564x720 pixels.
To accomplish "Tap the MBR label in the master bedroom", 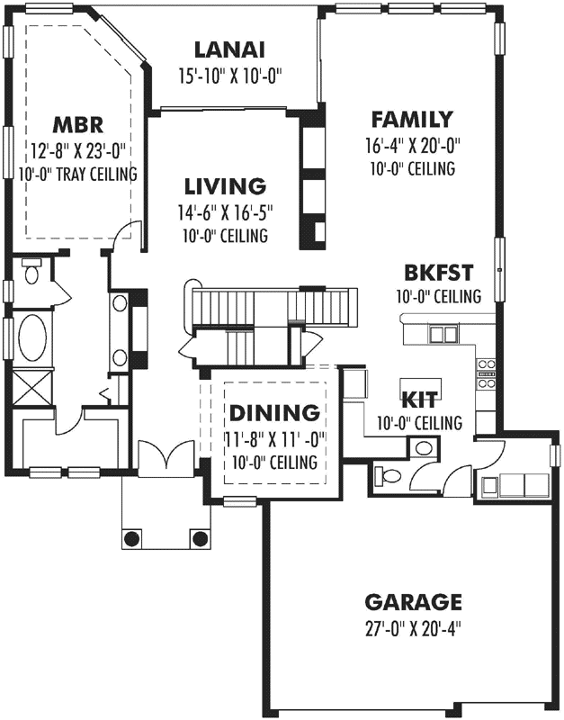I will [78, 124].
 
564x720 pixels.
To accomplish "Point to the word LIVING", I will [225, 187].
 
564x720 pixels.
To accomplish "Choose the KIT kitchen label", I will [420, 400].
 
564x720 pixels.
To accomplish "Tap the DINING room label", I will [273, 413].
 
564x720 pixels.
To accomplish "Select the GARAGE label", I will [413, 602].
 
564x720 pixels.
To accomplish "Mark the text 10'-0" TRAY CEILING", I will [77, 174].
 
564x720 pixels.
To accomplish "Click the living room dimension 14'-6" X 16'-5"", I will [225, 213].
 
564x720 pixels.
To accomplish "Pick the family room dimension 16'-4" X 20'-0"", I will [411, 145].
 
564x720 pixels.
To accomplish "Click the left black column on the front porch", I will [132, 538].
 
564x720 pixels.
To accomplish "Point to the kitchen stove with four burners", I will [486, 373].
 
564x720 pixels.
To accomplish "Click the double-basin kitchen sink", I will [443, 335].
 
